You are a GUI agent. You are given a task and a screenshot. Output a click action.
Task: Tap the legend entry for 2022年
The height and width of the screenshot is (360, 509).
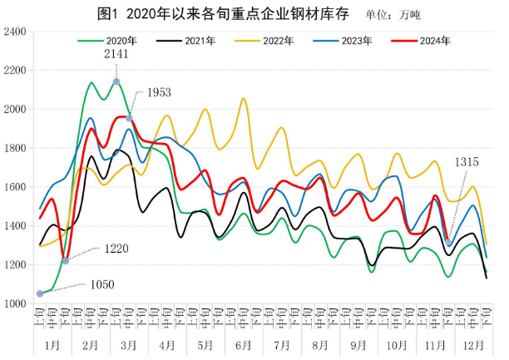275,40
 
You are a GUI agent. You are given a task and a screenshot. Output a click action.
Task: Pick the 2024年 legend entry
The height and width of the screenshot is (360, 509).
434,40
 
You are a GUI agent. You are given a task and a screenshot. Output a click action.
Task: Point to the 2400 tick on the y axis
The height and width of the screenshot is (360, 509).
15,32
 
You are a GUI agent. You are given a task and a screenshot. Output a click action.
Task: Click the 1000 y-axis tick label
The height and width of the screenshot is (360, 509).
15,304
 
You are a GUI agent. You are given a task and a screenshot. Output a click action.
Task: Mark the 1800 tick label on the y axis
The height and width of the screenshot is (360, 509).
15,149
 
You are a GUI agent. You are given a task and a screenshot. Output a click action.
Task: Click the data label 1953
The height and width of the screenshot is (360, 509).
160,93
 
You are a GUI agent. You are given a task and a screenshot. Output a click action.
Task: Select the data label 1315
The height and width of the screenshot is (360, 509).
466,163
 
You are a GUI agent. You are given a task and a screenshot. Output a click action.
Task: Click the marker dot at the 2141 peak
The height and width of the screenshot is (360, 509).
116,81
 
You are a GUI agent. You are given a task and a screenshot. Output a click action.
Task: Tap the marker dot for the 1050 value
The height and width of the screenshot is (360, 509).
40,293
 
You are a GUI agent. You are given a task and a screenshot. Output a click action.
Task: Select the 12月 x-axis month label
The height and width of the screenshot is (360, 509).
474,343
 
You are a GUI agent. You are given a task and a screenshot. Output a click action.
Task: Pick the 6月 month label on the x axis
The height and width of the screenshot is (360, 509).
244,343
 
